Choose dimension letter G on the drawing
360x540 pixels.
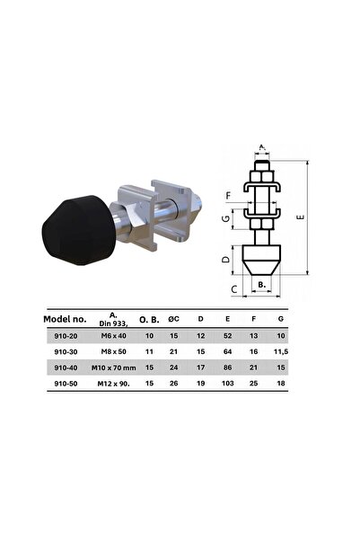(x=228, y=217)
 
